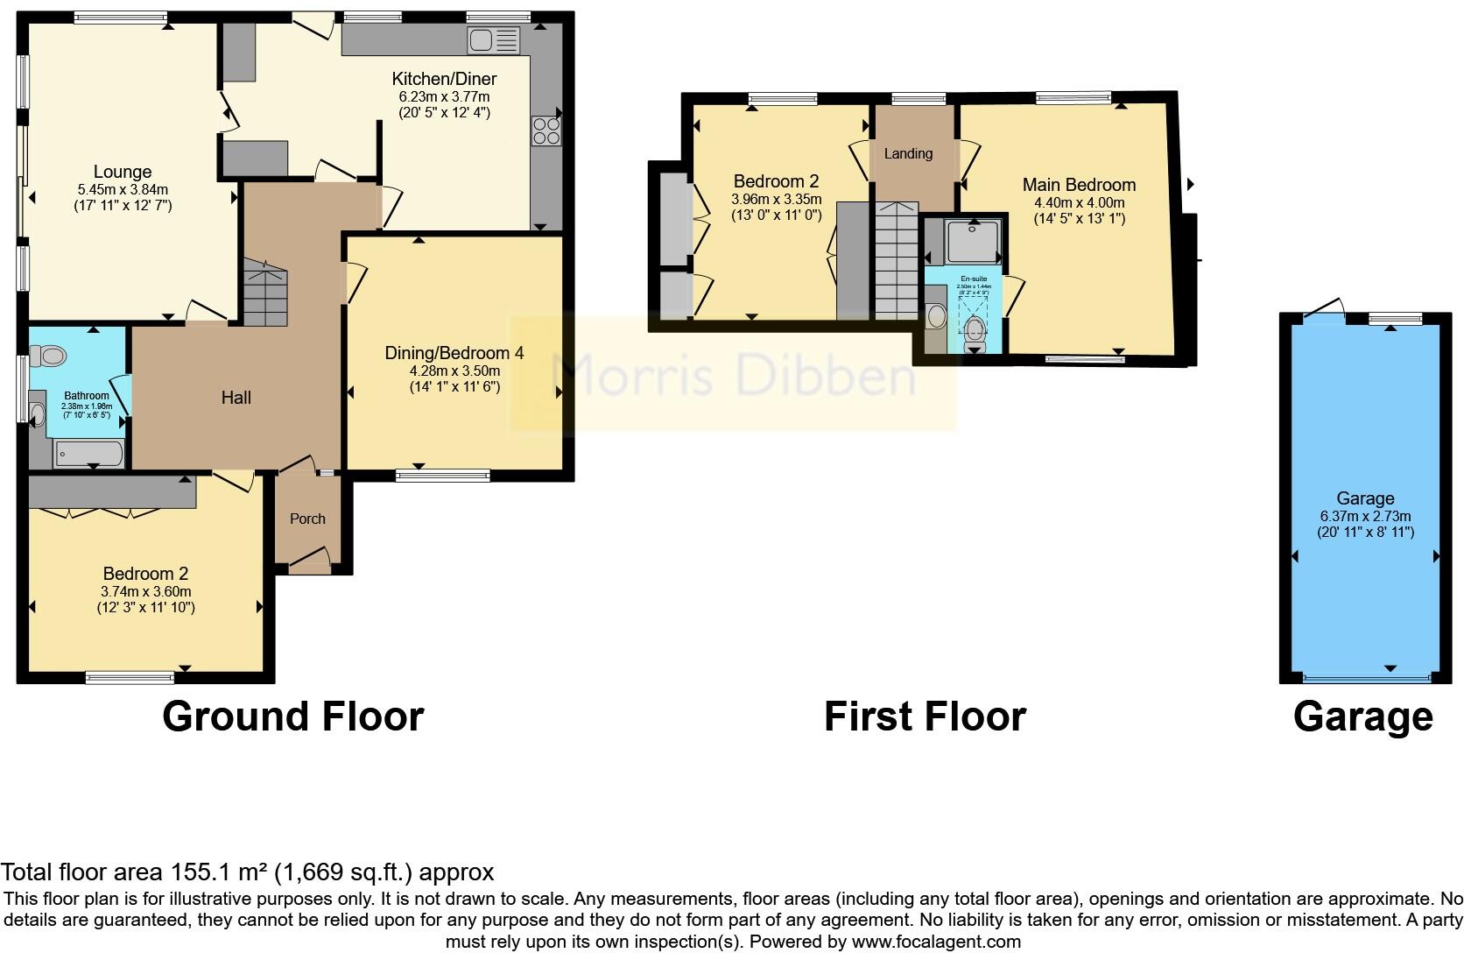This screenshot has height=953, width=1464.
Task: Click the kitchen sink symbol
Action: click(x=494, y=40)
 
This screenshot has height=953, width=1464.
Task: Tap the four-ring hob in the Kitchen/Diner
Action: click(x=546, y=131)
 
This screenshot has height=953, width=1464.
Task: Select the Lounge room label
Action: click(x=123, y=173)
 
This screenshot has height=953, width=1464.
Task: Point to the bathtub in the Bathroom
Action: click(x=88, y=454)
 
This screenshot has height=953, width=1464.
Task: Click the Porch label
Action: click(x=307, y=519)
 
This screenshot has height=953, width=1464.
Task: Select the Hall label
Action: click(x=236, y=398)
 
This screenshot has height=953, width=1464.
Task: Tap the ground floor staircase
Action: click(x=264, y=293)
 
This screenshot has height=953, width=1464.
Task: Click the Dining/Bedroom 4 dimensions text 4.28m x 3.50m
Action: click(x=454, y=371)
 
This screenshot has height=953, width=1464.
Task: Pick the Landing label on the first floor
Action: click(x=908, y=154)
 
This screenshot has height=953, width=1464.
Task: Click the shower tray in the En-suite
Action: click(x=972, y=241)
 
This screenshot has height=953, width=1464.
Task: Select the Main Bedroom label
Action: click(x=1079, y=185)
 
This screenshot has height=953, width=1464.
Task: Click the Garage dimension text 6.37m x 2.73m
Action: click(x=1365, y=516)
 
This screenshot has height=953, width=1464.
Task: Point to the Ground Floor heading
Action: click(x=292, y=717)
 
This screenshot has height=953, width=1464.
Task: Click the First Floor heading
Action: click(x=925, y=717)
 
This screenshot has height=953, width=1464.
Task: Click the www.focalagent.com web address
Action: click(x=936, y=942)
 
